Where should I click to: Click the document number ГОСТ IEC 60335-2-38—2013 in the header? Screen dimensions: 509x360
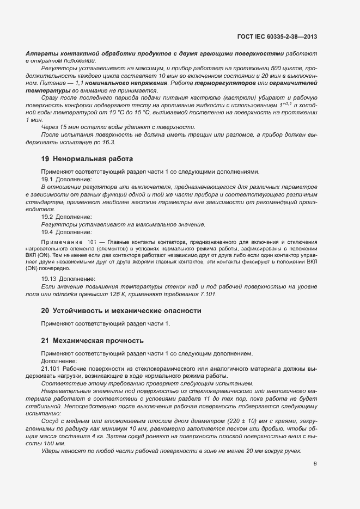click(x=277, y=36)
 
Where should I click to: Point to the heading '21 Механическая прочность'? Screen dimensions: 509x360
click(x=93, y=341)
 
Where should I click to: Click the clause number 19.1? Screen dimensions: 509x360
click(x=48, y=179)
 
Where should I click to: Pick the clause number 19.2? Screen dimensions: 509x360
click(x=48, y=217)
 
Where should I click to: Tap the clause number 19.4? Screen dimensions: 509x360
click(x=48, y=232)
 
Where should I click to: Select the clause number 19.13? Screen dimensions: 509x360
click(x=50, y=278)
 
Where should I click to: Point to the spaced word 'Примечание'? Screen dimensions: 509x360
click(x=61, y=241)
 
